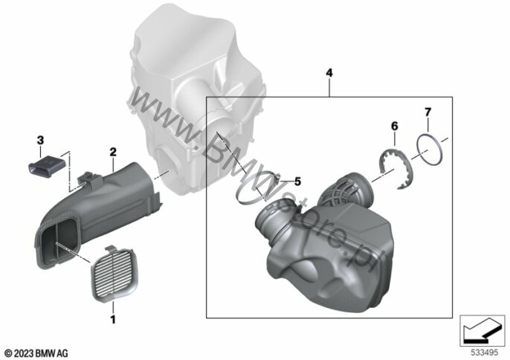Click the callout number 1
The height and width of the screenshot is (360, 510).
(x=113, y=319)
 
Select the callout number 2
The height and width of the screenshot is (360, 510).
(x=113, y=152)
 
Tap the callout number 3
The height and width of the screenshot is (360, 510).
(x=40, y=141)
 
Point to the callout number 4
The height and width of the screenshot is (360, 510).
(x=329, y=73)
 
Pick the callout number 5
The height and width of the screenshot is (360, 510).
(x=297, y=181)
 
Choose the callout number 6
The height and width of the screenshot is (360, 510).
(x=394, y=126)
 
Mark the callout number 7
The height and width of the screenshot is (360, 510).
(x=427, y=112)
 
